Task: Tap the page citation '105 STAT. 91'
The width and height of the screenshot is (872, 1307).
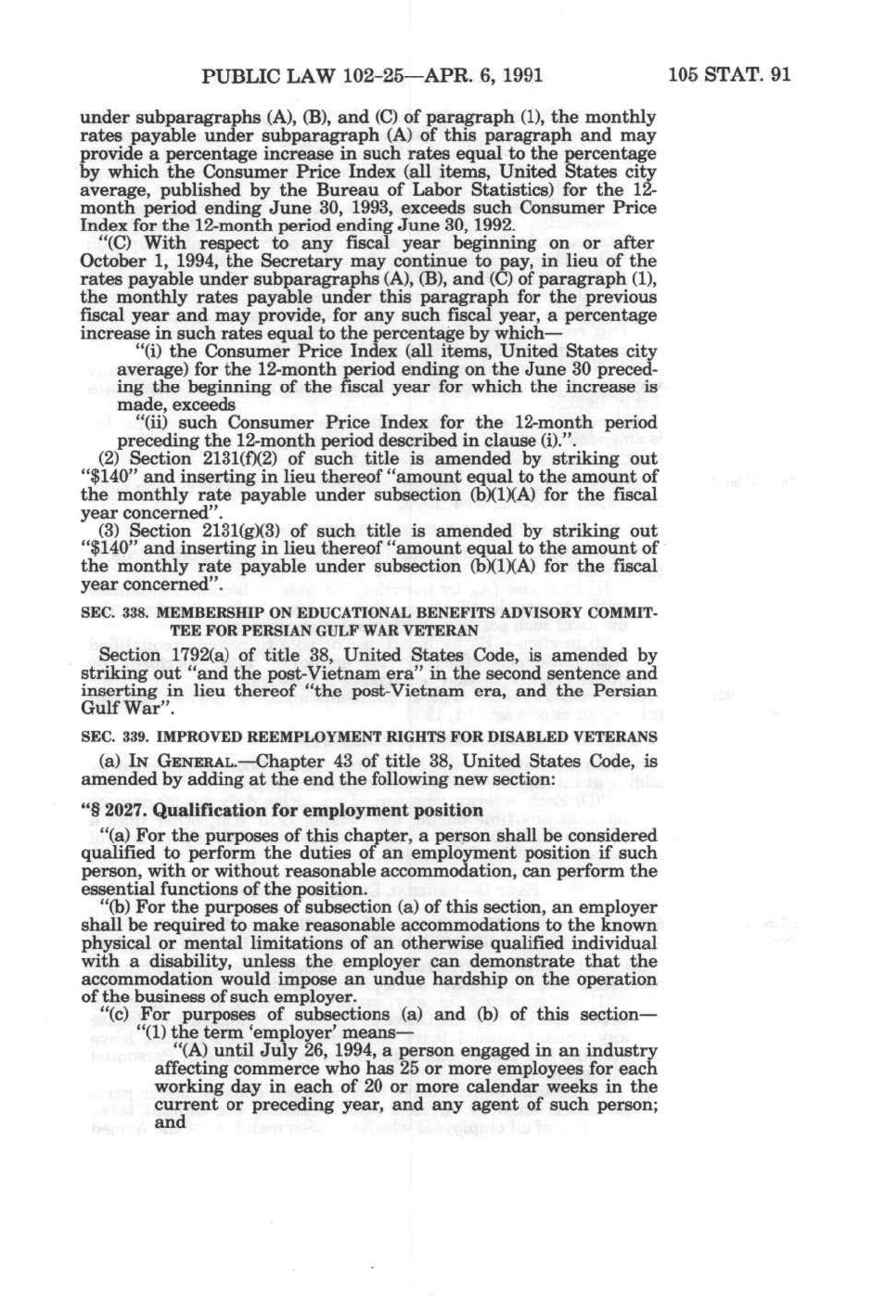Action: tap(729, 75)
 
